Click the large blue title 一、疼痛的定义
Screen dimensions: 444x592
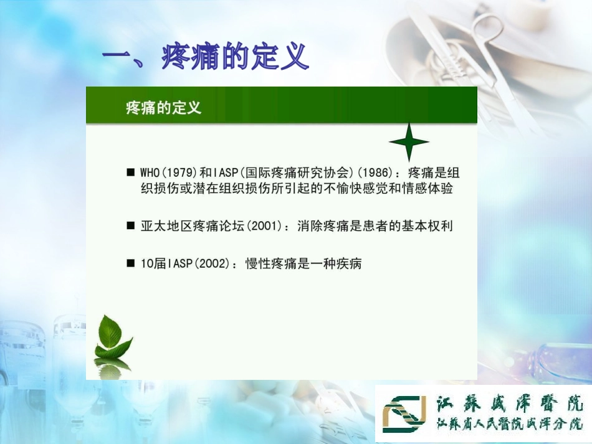coord(206,58)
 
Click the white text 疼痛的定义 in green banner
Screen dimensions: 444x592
coord(163,108)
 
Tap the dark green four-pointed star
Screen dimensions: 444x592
coord(409,143)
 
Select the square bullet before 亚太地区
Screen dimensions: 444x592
coord(130,226)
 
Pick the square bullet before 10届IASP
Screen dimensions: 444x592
coord(130,263)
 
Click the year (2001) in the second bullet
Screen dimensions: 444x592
coord(265,226)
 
